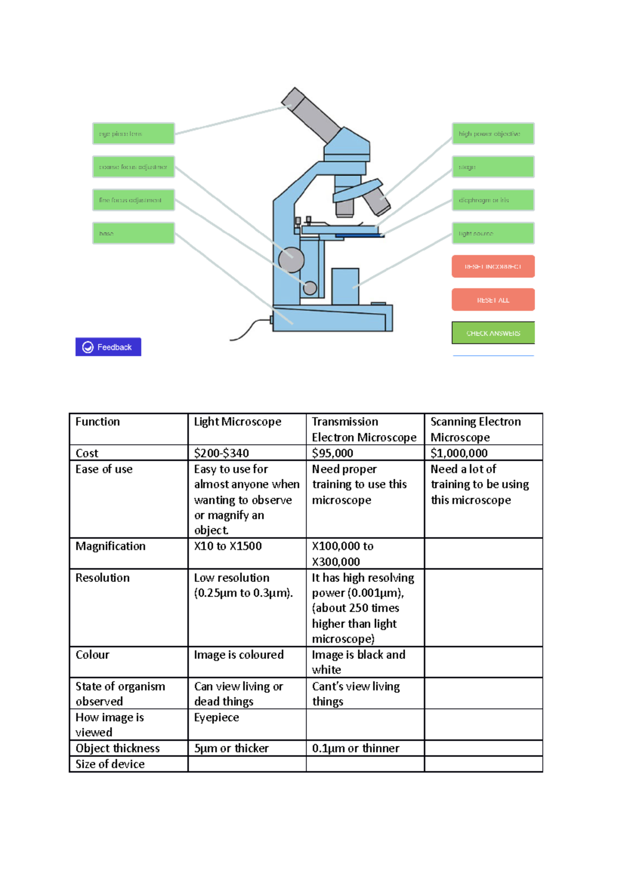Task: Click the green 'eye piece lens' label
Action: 133,133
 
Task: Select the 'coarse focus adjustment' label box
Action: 133,167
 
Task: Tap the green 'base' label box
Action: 133,233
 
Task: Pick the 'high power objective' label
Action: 492,133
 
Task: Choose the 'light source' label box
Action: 492,233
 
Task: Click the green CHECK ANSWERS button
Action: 492,333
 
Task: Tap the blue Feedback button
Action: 108,347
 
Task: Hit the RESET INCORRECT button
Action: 492,266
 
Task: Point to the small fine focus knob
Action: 310,288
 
